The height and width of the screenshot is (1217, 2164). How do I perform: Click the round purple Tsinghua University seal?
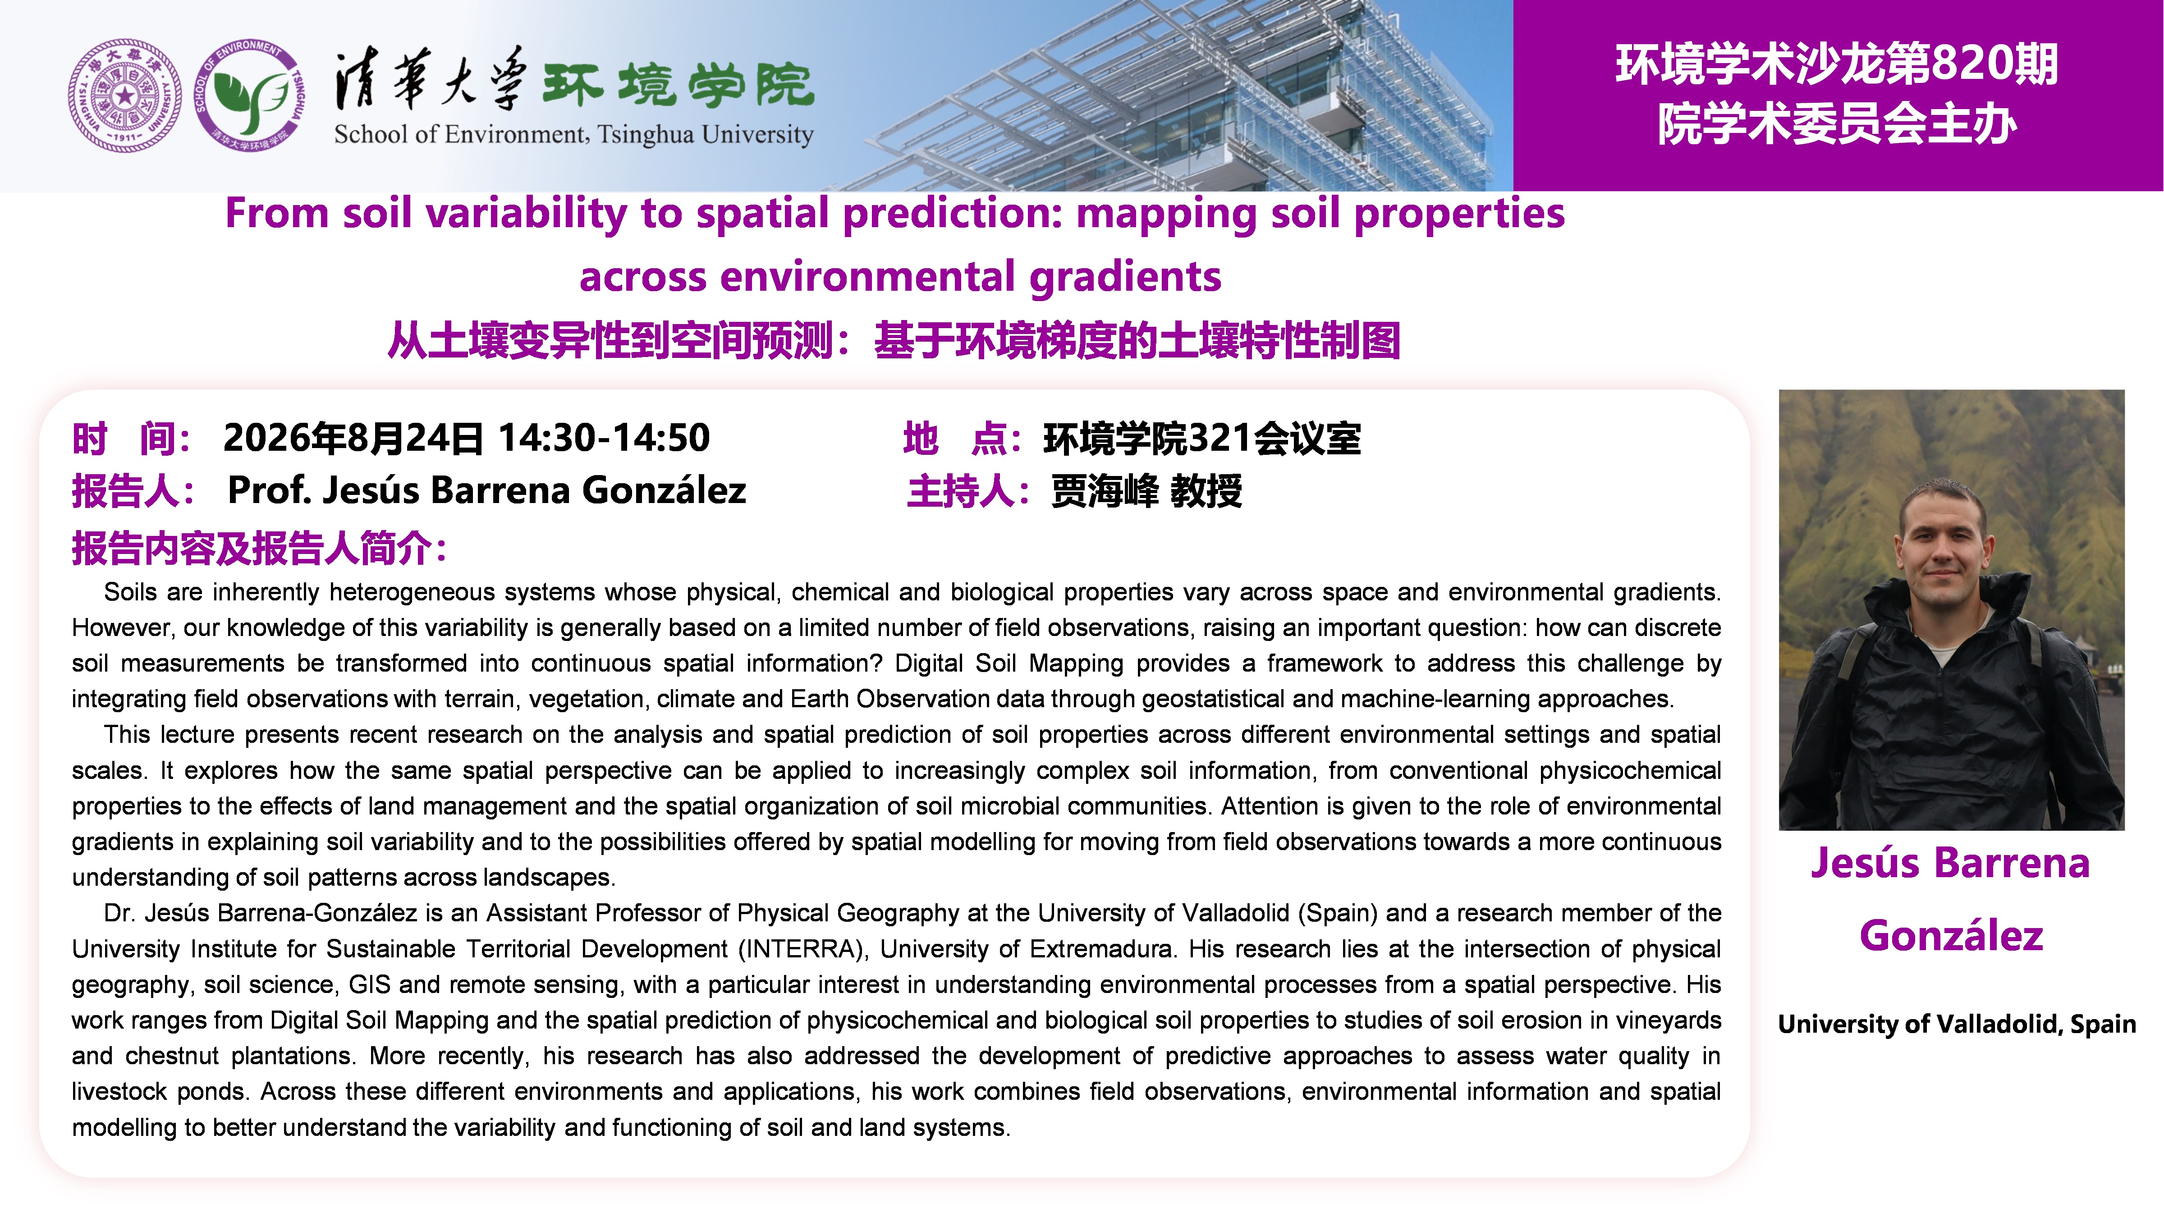(x=124, y=95)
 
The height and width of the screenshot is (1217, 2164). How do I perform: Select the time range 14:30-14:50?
(x=604, y=438)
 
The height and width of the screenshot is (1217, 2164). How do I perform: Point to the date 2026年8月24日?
(x=353, y=438)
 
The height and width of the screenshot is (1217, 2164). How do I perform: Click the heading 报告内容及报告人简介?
(x=252, y=549)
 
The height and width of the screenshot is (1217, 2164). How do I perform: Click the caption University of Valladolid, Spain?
(x=1957, y=1024)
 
